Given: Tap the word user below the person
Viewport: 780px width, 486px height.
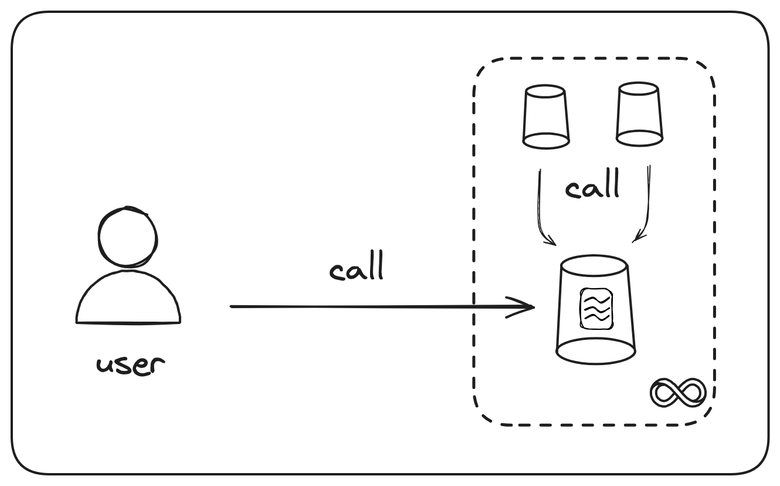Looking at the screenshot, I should click(x=130, y=365).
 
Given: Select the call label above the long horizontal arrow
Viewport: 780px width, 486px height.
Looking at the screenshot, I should click(x=357, y=267).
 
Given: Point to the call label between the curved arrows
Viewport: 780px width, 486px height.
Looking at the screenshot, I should click(x=592, y=187).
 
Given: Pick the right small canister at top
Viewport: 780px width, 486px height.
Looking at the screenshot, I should click(x=639, y=114).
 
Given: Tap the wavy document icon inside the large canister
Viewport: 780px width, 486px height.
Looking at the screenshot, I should click(x=596, y=308).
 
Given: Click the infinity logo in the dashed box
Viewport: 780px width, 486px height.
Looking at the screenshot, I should click(x=678, y=392).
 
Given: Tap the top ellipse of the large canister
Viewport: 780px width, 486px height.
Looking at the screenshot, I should click(x=595, y=264).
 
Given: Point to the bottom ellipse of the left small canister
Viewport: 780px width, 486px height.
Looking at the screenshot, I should click(x=546, y=141).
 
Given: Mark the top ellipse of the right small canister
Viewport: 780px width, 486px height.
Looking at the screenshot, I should click(x=638, y=89).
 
